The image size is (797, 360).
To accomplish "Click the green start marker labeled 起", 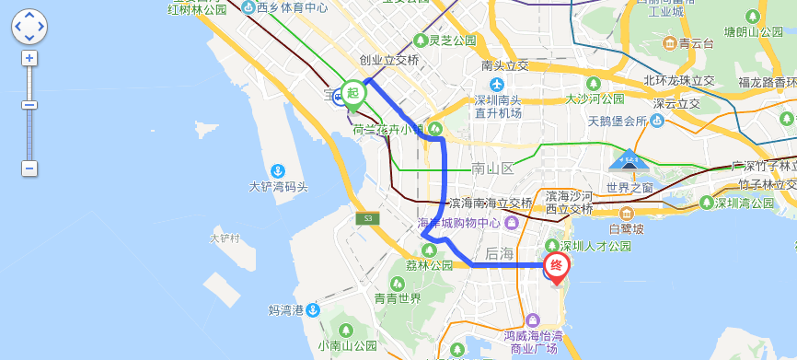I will (x=352, y=93).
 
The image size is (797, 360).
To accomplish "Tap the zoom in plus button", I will (x=29, y=58).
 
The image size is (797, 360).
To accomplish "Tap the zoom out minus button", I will (x=29, y=168).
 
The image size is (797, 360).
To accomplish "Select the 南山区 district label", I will (x=491, y=168).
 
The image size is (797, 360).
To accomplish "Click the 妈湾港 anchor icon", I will (x=314, y=309).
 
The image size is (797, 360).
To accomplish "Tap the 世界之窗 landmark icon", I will (x=629, y=160).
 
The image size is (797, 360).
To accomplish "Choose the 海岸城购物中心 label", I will (x=459, y=223).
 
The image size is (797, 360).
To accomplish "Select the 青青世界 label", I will (x=398, y=298).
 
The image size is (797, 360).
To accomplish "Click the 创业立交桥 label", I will (x=389, y=60).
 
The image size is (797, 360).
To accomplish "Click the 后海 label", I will (x=500, y=252).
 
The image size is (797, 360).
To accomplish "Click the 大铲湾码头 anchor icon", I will (x=277, y=170).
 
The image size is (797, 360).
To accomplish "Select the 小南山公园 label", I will (x=348, y=346).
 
